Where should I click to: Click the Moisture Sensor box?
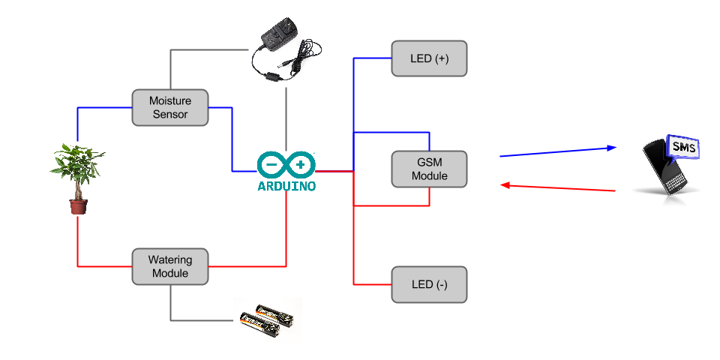(170, 107)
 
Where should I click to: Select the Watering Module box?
(170, 266)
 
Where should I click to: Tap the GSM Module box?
(429, 169)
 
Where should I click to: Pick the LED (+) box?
(429, 58)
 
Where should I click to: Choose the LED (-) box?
(429, 284)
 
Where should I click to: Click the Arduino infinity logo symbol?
(286, 164)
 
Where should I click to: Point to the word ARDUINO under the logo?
(286, 184)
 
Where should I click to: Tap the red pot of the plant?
(78, 205)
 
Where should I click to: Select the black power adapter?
(281, 45)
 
